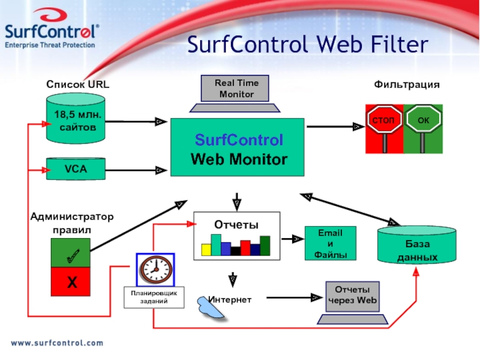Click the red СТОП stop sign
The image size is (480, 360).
point(384,122)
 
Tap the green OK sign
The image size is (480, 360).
point(423,122)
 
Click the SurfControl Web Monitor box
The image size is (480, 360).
point(237,148)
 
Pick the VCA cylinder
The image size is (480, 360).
point(76,169)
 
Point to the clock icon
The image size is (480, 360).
point(155,269)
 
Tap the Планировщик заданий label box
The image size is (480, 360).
point(154,298)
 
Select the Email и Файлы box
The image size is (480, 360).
point(330,243)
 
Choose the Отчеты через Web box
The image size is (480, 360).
point(352,296)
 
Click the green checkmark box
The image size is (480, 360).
point(71,253)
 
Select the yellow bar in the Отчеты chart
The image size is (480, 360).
point(206,250)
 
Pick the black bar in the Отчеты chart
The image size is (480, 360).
point(235,251)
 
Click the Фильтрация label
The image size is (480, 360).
point(407,85)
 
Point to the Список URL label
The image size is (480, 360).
point(78,85)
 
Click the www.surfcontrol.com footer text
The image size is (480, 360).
point(57,343)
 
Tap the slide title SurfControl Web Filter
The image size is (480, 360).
point(308,45)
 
